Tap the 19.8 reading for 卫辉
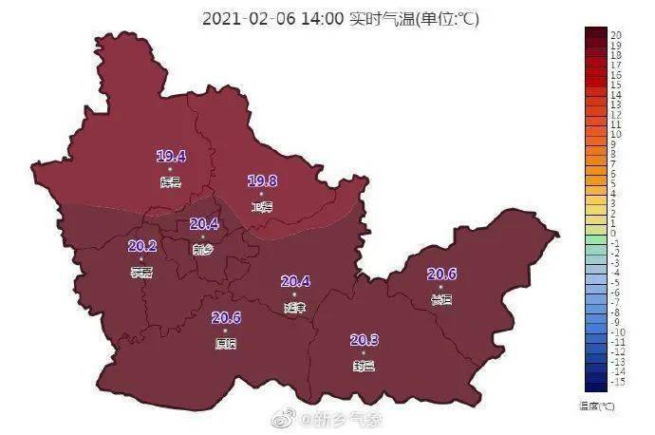coord(262,180)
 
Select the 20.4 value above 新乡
coord(204,224)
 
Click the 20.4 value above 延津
coord(296,281)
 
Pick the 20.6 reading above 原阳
coord(226,318)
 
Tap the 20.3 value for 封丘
coord(365,340)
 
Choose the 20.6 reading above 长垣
coord(441,274)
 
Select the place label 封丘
coord(365,366)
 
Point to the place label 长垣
coord(441,300)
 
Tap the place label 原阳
coord(226,344)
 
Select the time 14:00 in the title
coord(322,19)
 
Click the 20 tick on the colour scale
coord(615,34)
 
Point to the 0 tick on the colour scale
coord(613,233)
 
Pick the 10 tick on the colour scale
coord(615,134)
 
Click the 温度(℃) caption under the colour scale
coord(597,406)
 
